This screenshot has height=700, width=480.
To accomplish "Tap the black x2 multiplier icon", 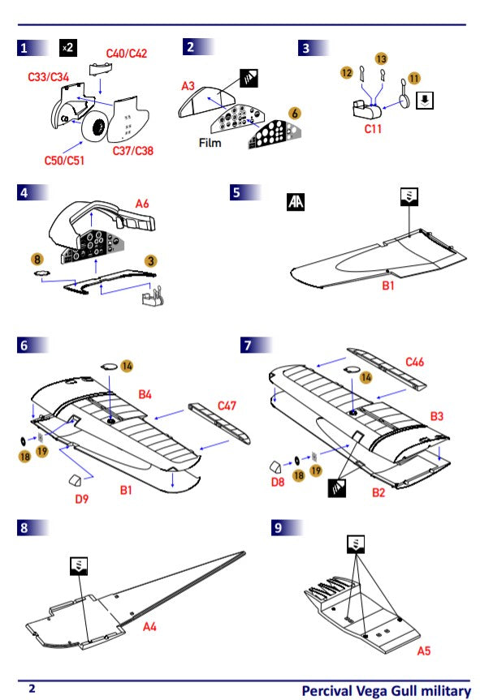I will click(x=68, y=47).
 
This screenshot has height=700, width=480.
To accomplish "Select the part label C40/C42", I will click(x=127, y=54).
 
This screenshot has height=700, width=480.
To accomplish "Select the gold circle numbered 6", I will click(x=295, y=114).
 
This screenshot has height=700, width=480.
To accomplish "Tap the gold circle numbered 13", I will click(x=382, y=58).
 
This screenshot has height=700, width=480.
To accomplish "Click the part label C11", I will click(x=374, y=127).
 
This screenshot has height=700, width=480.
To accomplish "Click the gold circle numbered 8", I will click(x=37, y=259).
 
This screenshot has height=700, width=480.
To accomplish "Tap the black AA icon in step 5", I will click(x=296, y=201).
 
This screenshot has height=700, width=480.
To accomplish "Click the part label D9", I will click(x=81, y=498).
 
